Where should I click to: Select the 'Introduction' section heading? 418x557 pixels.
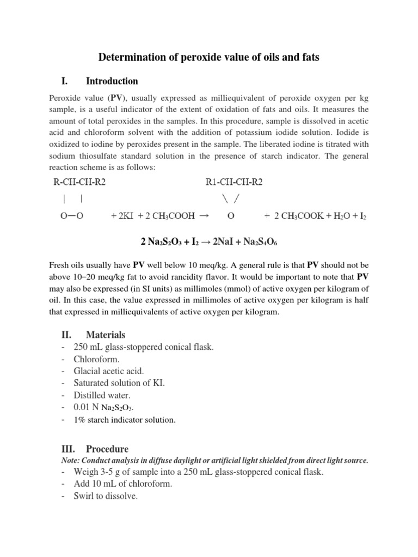[x=112, y=82]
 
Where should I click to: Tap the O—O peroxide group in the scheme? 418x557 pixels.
[x=72, y=215]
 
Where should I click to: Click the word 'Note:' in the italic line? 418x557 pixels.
[x=70, y=460]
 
